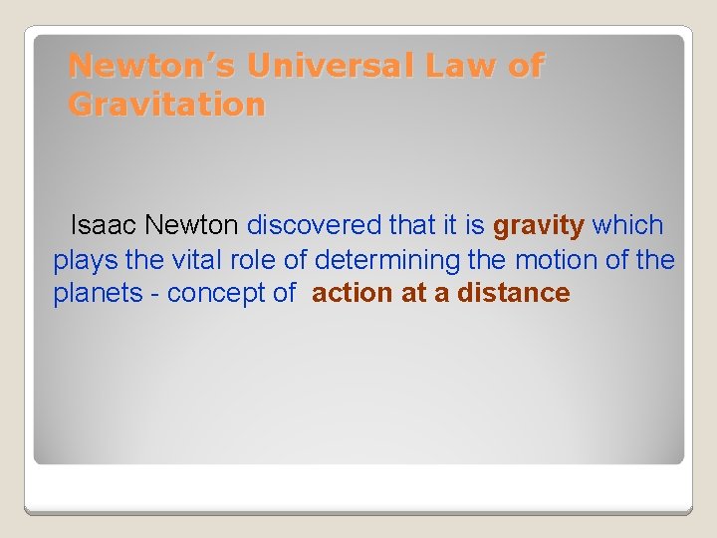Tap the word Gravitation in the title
click(167, 104)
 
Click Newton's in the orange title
click(153, 66)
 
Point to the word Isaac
click(104, 226)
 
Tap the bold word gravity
click(539, 226)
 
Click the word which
click(627, 226)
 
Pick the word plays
click(86, 260)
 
